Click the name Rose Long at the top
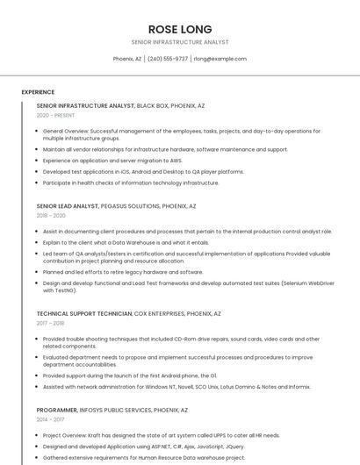tap(180, 29)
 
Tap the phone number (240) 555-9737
tap(168, 59)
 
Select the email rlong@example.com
tap(220, 59)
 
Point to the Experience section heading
tap(38, 92)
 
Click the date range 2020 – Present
tap(55, 115)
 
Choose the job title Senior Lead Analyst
tap(68, 206)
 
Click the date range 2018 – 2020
tap(51, 215)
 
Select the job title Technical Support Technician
tap(84, 313)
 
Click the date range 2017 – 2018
tap(50, 323)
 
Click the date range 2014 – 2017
tap(50, 419)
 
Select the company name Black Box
tap(153, 105)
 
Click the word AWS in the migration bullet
tap(176, 161)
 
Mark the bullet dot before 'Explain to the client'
tap(38, 243)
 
